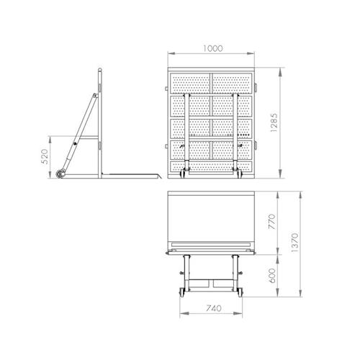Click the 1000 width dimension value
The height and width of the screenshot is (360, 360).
click(x=212, y=49)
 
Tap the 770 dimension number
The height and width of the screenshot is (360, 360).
click(x=271, y=221)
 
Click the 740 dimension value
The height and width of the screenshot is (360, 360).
click(x=211, y=307)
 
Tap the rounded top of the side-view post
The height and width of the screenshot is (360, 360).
click(x=99, y=71)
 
